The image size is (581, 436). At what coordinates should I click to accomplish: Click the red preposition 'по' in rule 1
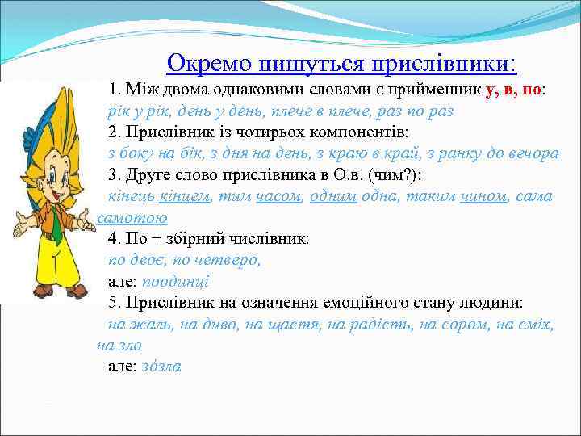[x=531, y=90]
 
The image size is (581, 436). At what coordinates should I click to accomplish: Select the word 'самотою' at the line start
[x=132, y=217]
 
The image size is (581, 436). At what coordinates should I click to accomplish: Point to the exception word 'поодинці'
[x=175, y=282]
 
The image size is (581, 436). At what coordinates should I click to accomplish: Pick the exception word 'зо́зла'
[x=161, y=367]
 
